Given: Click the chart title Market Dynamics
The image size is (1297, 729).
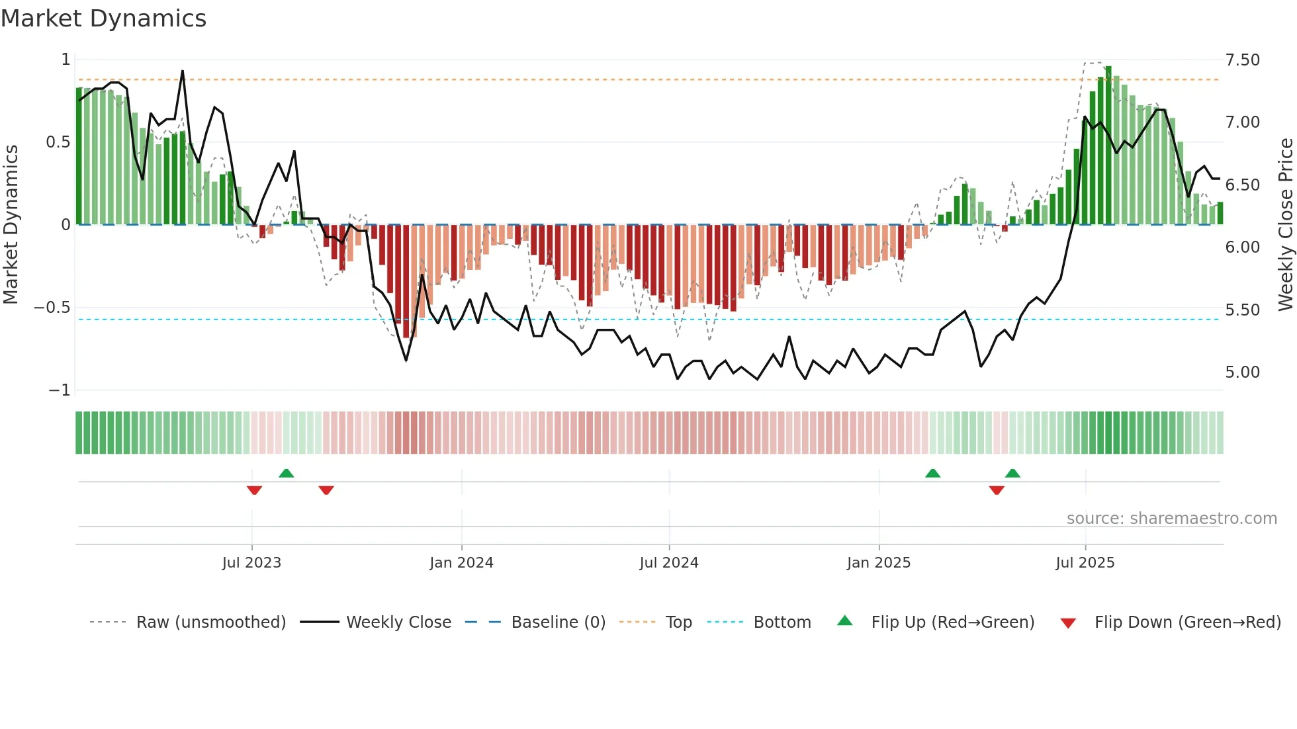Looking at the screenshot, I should (x=103, y=19).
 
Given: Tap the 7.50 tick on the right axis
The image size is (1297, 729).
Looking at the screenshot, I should (x=1242, y=60).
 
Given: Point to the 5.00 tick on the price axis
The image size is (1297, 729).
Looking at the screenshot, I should (x=1242, y=372).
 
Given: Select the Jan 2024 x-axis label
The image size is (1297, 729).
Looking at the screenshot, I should (x=461, y=563).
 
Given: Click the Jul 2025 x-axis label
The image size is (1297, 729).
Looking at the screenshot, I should (x=1085, y=563).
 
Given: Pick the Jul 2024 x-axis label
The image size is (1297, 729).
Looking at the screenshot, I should (x=668, y=563).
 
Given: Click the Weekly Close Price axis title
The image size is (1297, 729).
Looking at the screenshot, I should (x=1285, y=224).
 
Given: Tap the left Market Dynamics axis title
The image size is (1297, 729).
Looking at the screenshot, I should (x=11, y=224).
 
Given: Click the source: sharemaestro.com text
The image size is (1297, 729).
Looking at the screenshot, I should (x=1171, y=519).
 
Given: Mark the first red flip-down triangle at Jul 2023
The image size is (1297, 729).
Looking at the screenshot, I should (x=254, y=490).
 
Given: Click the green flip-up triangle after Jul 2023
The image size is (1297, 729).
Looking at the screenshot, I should (x=286, y=473).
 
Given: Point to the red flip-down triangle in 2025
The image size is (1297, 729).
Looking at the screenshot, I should (x=997, y=490).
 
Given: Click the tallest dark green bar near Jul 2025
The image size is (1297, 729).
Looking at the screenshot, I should (x=1108, y=146).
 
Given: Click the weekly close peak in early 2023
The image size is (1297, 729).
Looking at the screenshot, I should (x=183, y=71).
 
